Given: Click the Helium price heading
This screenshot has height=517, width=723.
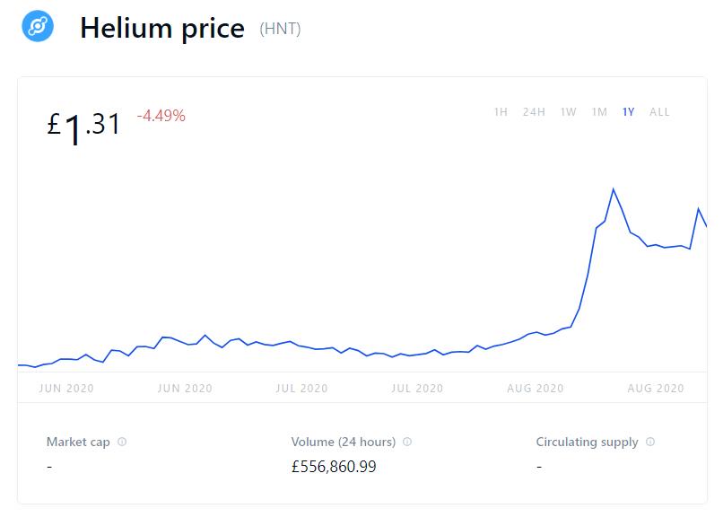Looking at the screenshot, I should point(162,28).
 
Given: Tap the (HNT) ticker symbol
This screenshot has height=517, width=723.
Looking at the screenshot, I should point(280,29).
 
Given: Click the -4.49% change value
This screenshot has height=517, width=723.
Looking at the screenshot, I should point(161,115).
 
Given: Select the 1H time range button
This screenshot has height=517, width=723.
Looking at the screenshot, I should point(501,112).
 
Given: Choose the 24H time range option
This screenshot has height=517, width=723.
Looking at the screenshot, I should point(534,112).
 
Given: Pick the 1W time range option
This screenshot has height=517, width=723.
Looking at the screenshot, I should point(568,112).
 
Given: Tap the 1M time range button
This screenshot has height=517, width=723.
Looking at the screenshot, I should point(599,112).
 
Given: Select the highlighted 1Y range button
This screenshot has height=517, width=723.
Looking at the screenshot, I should point(629,112).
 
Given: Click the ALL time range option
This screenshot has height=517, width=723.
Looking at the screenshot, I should point(659,112).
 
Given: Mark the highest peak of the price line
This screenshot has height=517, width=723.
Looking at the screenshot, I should point(613,189).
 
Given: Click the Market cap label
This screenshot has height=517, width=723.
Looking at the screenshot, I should point(79,442).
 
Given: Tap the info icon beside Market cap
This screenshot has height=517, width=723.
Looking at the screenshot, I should point(122,442).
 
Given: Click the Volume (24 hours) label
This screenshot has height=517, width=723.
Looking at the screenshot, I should point(344,442).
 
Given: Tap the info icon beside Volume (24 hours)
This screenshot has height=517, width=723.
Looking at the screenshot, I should point(406,442).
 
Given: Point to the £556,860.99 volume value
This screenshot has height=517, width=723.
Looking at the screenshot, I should point(334,467).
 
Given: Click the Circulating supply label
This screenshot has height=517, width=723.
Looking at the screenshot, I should point(587,442).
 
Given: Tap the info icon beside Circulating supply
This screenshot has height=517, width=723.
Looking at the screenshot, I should point(650,442).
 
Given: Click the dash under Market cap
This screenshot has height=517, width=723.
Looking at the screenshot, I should point(49,467).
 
